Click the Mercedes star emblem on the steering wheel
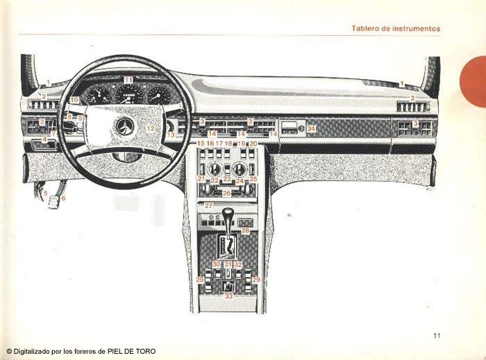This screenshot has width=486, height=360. coord(125,127)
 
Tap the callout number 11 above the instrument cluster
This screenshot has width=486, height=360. coord(128,80)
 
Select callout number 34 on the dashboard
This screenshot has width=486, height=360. coord(311,128)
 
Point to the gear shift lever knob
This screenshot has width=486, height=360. coord(228,212)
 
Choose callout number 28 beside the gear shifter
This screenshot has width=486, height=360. coord(245,230)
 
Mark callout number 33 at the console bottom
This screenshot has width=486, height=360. coord(228,296)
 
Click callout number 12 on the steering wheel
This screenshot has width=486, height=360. coord(150,128)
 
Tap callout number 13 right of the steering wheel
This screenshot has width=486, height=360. coord(171,135)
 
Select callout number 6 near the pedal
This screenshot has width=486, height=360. coord(63,198)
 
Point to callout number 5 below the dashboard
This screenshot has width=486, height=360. coord(46,193)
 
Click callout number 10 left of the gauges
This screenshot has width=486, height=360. coord(74,100)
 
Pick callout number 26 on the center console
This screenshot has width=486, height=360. coord(226,193)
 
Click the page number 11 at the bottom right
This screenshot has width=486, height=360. coord(437,336)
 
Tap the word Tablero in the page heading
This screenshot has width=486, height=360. coord(365,28)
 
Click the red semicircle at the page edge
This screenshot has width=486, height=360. coord(475,81)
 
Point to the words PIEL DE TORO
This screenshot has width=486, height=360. coord(131,352)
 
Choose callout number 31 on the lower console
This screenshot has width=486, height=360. coord(228,264)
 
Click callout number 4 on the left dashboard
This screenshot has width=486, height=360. coord(45,139)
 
